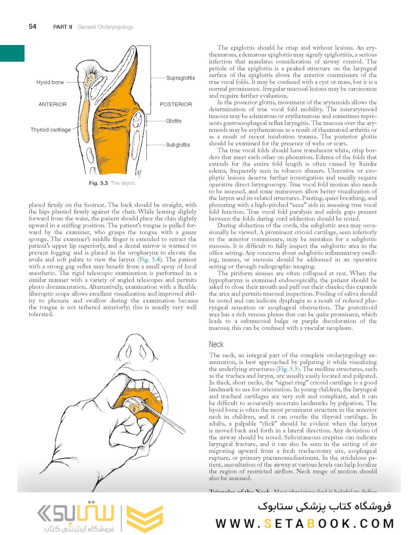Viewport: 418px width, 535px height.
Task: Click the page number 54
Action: (32, 27)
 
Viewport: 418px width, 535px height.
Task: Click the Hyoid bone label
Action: (50, 82)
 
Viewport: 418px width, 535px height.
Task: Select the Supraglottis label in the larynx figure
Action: (181, 78)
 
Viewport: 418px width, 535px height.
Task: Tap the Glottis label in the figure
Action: (174, 121)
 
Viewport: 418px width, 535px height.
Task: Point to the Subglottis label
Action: (178, 145)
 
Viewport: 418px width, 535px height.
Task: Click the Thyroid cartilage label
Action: (51, 130)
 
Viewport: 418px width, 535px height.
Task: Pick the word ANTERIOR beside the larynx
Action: (52, 105)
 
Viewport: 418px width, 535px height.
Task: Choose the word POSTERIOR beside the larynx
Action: (176, 105)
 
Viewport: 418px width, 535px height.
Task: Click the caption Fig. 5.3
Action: (98, 184)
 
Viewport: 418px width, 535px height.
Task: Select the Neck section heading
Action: (216, 344)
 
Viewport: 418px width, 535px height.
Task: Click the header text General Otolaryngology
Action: (105, 27)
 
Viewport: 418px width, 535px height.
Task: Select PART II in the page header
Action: (63, 27)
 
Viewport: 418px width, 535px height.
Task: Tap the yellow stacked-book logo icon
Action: (144, 518)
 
